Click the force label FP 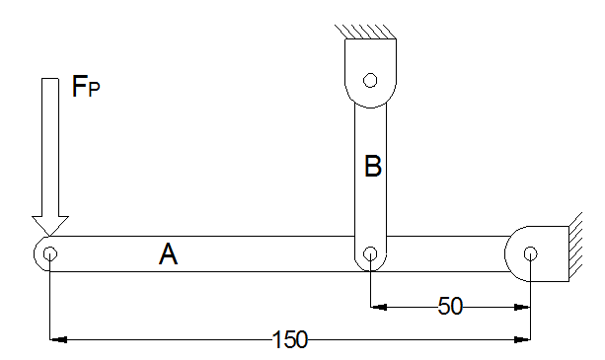86,87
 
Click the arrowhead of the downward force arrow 50,226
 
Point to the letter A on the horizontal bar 168,254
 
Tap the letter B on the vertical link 373,166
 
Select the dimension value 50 450,307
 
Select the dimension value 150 290,339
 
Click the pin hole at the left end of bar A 50,254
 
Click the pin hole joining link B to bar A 370,253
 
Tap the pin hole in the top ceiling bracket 370,80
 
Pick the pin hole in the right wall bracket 531,253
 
